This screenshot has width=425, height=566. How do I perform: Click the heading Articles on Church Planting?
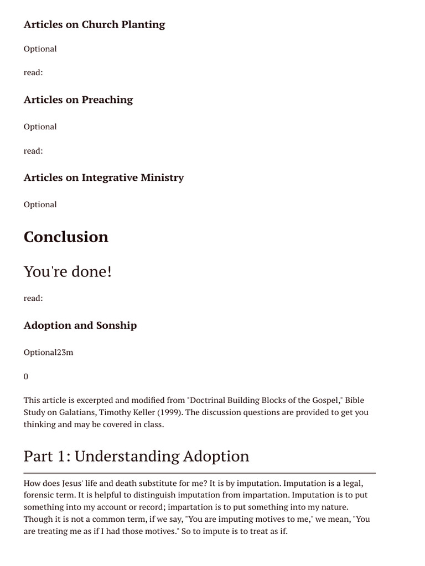pos(94,24)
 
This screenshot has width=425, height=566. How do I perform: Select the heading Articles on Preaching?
pos(78,99)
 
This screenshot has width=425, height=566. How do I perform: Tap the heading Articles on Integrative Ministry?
pos(103,177)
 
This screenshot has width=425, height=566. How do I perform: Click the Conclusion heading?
pos(66,237)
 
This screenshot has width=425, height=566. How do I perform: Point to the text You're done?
pos(68,271)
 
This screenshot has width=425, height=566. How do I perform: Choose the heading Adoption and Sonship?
pos(80,325)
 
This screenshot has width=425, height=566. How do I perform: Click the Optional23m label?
pos(48,352)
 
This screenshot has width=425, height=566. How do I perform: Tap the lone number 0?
pos(26,376)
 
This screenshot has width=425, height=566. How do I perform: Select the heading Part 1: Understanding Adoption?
pos(136,456)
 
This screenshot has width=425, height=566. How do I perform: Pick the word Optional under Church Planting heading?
pos(40,49)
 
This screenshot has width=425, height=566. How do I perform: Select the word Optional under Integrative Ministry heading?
pos(40,205)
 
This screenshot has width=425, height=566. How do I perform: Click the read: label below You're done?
pos(33,298)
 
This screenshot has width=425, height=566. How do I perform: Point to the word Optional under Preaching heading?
pos(40,127)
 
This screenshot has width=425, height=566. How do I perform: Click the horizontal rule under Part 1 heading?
pos(199,473)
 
